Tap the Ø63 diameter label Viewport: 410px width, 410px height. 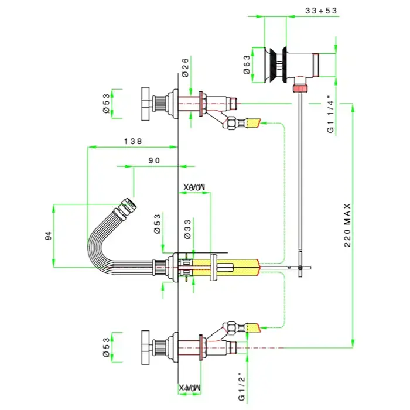(247, 64)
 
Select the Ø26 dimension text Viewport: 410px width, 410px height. (185, 69)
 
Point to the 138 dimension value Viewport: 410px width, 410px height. (132, 141)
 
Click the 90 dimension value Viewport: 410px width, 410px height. (154, 160)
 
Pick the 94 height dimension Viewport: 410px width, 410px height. (49, 235)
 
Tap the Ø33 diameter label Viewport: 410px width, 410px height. (186, 228)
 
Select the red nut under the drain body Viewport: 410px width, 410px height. (300, 88)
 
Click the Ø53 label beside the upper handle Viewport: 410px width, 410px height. (107, 103)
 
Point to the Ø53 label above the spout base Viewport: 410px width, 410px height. (158, 224)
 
